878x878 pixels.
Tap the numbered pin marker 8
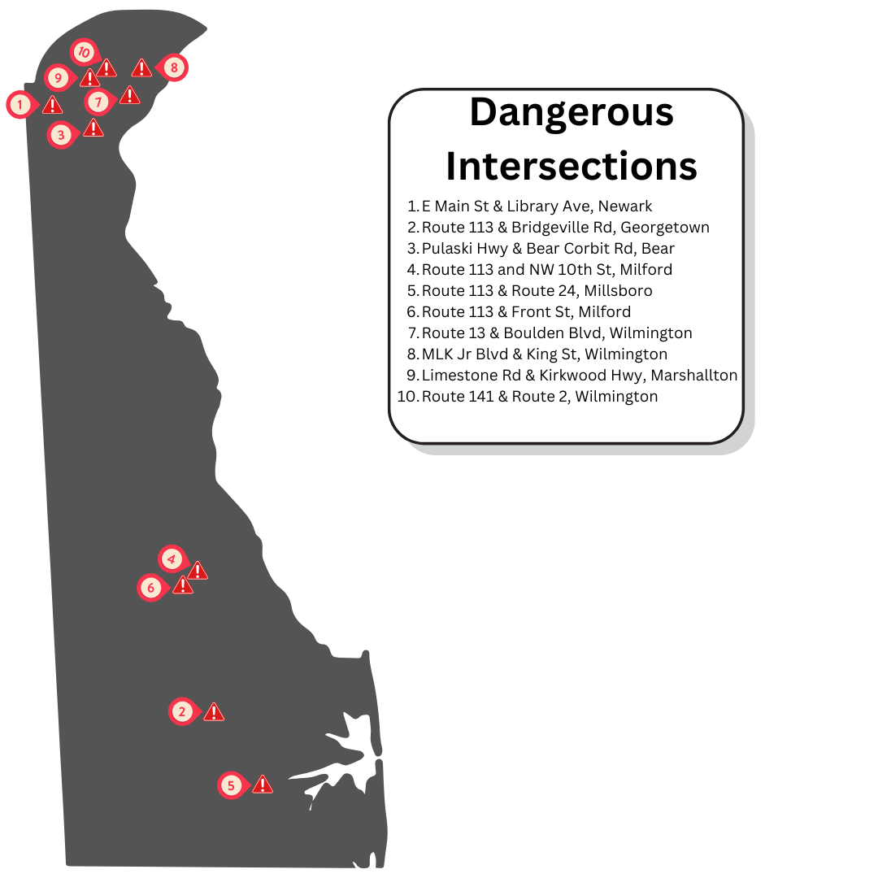(x=173, y=67)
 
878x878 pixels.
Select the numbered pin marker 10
(x=83, y=52)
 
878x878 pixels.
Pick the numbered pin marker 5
(x=232, y=785)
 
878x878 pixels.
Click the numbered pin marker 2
(x=182, y=711)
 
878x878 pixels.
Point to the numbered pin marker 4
(x=171, y=559)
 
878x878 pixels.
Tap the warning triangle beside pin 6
(x=183, y=585)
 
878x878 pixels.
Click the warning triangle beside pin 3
(x=93, y=128)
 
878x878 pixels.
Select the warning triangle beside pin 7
(x=129, y=96)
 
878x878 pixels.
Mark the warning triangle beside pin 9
(x=89, y=79)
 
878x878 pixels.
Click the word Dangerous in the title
(x=572, y=111)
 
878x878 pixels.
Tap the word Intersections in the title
(x=572, y=165)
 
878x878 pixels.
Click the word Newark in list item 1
(x=625, y=206)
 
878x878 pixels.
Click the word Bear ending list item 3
(x=658, y=249)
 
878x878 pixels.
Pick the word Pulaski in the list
(x=447, y=249)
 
